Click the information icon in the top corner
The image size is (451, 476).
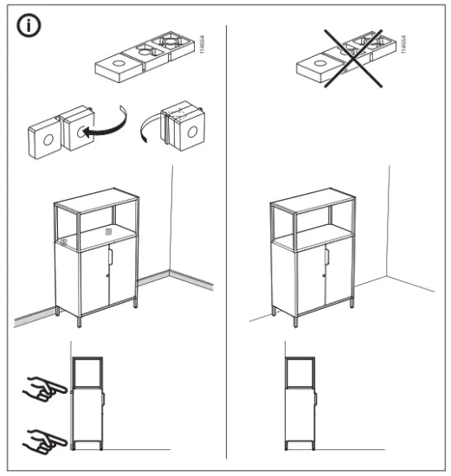(x=28, y=28)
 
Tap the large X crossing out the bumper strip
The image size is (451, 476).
(x=356, y=58)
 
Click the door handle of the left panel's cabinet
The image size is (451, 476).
(x=110, y=261)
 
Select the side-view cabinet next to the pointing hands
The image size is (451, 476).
(x=87, y=402)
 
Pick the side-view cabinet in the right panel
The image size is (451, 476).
(x=302, y=402)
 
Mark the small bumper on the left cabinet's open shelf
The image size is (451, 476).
(x=107, y=232)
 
